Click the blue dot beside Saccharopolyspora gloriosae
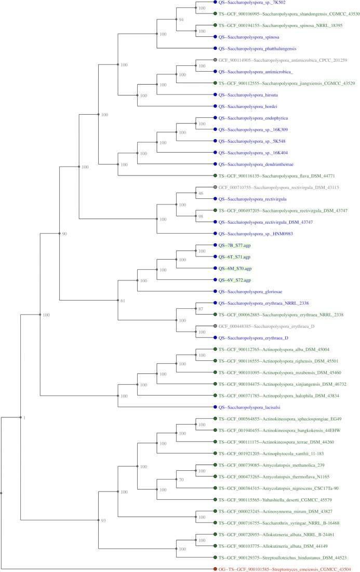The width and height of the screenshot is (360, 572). pos(215,291)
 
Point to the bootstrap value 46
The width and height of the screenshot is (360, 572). pos(201,193)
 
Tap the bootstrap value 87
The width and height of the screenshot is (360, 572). pos(201,309)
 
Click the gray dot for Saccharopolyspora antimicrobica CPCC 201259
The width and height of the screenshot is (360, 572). pos(215,60)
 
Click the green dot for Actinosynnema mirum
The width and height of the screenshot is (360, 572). pos(215,511)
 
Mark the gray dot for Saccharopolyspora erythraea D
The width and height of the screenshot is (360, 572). pos(215,326)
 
